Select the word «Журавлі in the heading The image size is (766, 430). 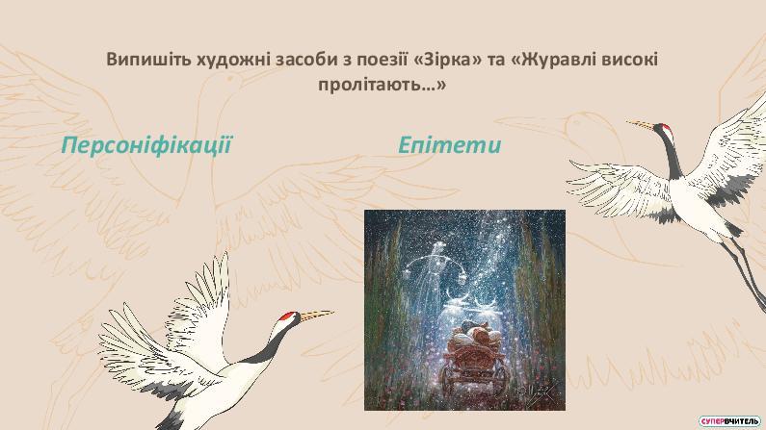(x=550, y=61)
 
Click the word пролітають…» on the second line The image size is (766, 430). (x=382, y=85)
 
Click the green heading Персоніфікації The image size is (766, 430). (x=146, y=146)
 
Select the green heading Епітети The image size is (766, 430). (x=449, y=145)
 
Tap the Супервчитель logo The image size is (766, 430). (x=729, y=420)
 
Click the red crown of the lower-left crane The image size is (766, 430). (x=288, y=316)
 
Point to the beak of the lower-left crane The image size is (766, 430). (x=316, y=315)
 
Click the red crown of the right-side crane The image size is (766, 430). (x=665, y=128)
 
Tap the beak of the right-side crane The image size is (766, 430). (x=641, y=125)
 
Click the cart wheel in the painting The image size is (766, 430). (x=448, y=379)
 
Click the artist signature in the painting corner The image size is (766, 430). (x=541, y=392)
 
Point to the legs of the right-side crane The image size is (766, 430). (x=745, y=273)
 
